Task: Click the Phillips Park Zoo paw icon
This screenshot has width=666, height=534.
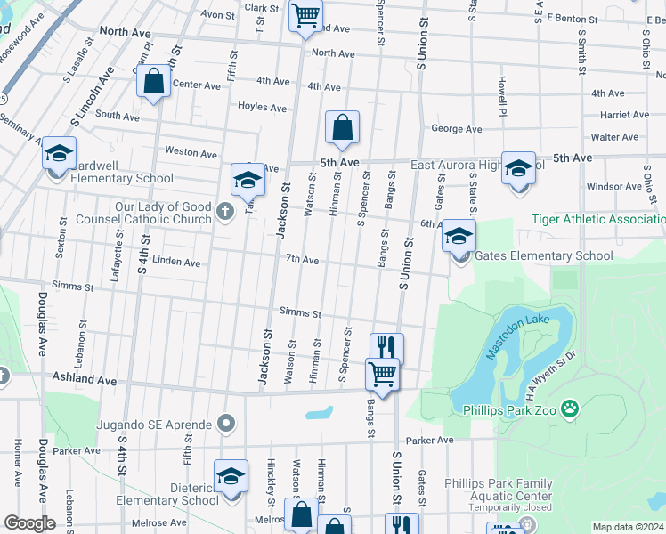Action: tap(569, 409)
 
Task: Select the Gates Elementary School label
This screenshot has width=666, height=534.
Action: tap(544, 256)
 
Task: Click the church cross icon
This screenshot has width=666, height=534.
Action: tap(225, 212)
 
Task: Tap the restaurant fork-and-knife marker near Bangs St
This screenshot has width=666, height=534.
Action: tap(386, 347)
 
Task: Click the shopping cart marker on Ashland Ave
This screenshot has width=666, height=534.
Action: tap(382, 374)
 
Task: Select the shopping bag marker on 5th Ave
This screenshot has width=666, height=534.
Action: tap(343, 129)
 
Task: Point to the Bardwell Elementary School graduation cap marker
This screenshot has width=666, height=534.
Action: tap(59, 154)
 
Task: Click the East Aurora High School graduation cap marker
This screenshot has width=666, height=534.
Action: tap(518, 167)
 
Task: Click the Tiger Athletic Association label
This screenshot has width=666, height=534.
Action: tap(597, 219)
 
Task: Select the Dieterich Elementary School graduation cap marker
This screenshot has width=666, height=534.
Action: tap(231, 476)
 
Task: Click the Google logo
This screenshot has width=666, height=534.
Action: tap(29, 523)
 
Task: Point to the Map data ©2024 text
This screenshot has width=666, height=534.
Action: tap(628, 527)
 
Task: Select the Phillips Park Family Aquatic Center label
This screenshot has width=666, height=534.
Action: tap(500, 490)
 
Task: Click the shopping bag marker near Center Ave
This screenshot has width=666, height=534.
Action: tap(154, 82)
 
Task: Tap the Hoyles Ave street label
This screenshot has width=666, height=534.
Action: tap(262, 108)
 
